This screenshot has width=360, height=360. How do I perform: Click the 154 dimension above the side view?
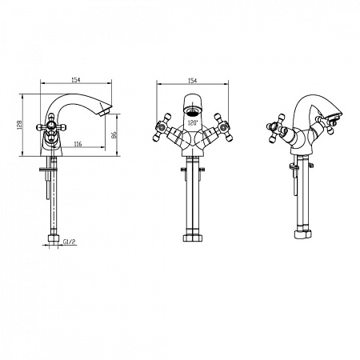click(76, 80)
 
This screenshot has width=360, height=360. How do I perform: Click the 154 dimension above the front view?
click(192, 81)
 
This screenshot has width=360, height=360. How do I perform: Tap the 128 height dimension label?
click(19, 125)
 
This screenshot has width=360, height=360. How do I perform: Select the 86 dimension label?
click(114, 134)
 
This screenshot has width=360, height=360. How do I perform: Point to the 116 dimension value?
click(78, 144)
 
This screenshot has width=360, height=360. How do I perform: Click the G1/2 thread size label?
click(70, 242)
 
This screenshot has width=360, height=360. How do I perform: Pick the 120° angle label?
click(193, 123)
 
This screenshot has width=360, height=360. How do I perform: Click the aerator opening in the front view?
click(192, 110)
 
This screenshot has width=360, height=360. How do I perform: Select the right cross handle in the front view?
click(223, 127)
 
